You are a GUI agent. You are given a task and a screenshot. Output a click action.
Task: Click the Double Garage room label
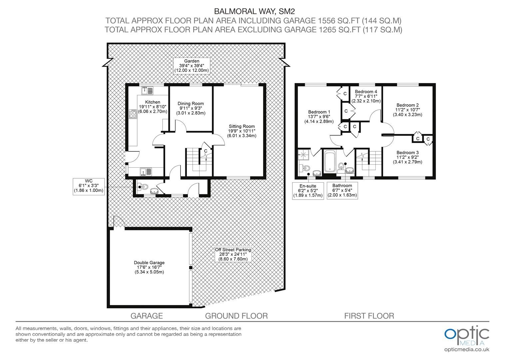[x=149, y=267]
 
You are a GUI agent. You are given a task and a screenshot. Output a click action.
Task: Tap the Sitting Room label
[x=242, y=131]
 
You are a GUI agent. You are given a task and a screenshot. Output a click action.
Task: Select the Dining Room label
[x=191, y=108]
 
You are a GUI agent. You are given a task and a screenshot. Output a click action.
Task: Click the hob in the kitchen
[x=133, y=114]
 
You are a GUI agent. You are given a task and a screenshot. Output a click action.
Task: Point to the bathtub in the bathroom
[x=330, y=161]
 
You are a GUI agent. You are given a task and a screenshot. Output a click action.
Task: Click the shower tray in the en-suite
[x=303, y=155]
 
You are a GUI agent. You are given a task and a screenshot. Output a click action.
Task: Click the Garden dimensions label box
[x=192, y=66]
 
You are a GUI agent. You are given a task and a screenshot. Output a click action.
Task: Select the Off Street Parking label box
[x=233, y=254]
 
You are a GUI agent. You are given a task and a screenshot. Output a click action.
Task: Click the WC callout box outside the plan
[x=89, y=186]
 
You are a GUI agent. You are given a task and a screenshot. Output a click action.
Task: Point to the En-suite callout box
[x=308, y=191]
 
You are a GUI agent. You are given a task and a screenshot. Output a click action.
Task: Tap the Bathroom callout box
[x=342, y=191]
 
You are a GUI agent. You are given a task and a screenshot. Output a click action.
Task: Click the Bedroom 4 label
[x=366, y=96]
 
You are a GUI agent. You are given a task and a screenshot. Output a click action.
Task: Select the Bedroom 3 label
[x=408, y=157]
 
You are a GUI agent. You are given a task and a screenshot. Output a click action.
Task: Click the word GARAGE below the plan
[x=147, y=316]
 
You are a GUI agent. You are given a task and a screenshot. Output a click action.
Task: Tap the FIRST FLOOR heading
[x=369, y=316]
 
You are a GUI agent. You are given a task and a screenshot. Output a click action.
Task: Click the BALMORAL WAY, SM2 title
[x=254, y=11]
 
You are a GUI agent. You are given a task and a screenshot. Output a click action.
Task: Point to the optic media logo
[x=467, y=335]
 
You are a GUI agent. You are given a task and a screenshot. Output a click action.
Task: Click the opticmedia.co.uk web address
[x=467, y=350]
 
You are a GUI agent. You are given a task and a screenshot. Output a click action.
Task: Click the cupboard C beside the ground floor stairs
[x=206, y=151]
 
